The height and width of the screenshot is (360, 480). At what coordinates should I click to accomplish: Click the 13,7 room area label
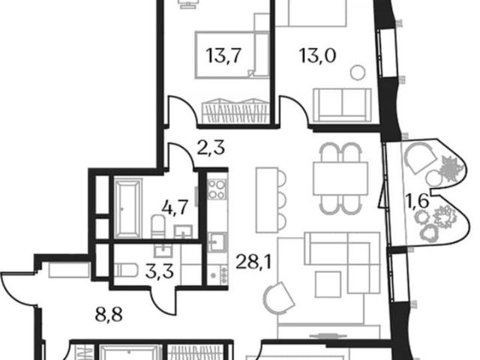click(x=224, y=55)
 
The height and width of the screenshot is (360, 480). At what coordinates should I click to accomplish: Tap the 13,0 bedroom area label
click(x=318, y=55)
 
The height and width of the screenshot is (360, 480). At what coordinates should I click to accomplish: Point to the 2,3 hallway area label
click(x=211, y=147)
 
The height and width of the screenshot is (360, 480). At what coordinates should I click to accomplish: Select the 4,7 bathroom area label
click(x=174, y=207)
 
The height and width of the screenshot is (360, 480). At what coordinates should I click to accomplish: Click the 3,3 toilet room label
click(x=160, y=271)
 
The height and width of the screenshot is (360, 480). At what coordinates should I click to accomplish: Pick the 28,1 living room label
click(x=253, y=262)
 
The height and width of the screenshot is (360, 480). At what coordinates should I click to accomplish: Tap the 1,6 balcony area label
click(x=417, y=202)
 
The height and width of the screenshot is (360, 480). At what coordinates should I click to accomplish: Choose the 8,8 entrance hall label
click(x=109, y=314)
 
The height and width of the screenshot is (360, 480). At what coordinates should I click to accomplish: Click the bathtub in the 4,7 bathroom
click(x=127, y=208)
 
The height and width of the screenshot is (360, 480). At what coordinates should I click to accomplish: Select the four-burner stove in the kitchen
click(x=217, y=190)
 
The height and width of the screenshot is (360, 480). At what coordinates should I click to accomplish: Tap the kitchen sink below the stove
click(x=217, y=241)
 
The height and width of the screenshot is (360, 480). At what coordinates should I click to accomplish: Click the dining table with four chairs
click(x=340, y=178)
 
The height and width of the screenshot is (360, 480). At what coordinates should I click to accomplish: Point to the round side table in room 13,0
click(x=358, y=73)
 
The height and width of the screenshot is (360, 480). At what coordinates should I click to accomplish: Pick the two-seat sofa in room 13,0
click(x=342, y=105)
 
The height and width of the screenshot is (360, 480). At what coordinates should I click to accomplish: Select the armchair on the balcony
click(x=420, y=157)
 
